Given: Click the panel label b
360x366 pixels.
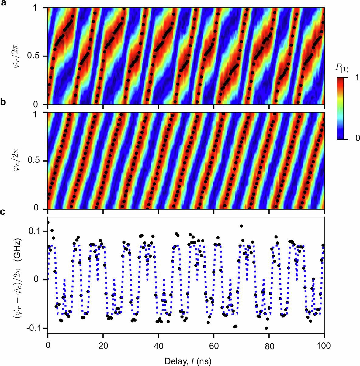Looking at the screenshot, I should [x=3, y=102].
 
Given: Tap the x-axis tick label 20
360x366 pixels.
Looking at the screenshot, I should [x=103, y=346].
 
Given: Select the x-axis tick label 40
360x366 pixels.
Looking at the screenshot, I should [x=158, y=346].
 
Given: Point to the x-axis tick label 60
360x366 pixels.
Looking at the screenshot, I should [x=214, y=346].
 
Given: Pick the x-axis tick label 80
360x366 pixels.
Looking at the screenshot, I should [x=269, y=346].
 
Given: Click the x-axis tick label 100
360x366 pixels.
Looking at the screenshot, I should [x=324, y=346].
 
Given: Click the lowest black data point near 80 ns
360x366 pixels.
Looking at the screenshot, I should [x=266, y=328].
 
